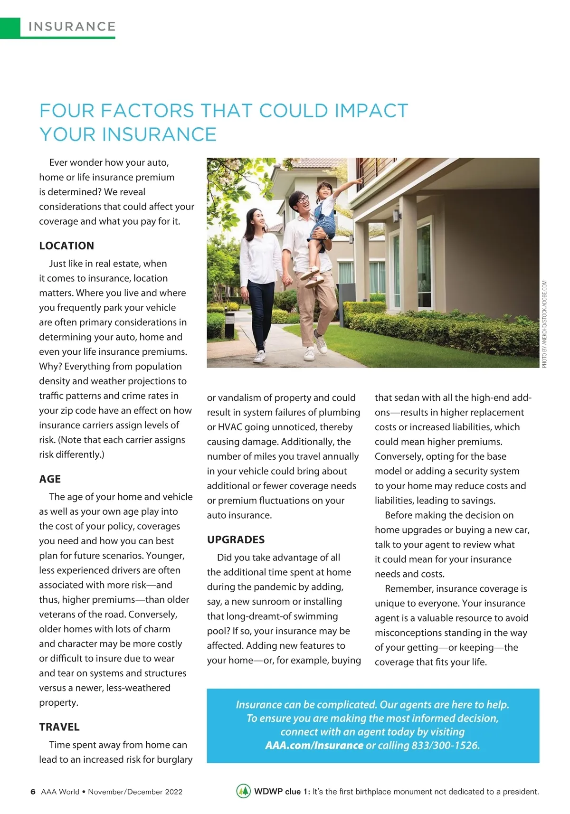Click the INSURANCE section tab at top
pos(72,27)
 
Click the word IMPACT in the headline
pos(371,111)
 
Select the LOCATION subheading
pos(66,246)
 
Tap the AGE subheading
pos(50,479)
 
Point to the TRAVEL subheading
pos(59,727)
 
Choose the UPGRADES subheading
pos(236,540)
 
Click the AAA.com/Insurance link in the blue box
pos(314,745)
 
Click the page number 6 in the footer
pos(33,792)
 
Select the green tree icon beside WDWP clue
pos(243,791)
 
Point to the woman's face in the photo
pos(257,218)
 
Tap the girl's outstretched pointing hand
pos(360,180)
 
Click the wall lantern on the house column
pos(396,216)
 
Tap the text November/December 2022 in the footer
pos(135,792)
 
